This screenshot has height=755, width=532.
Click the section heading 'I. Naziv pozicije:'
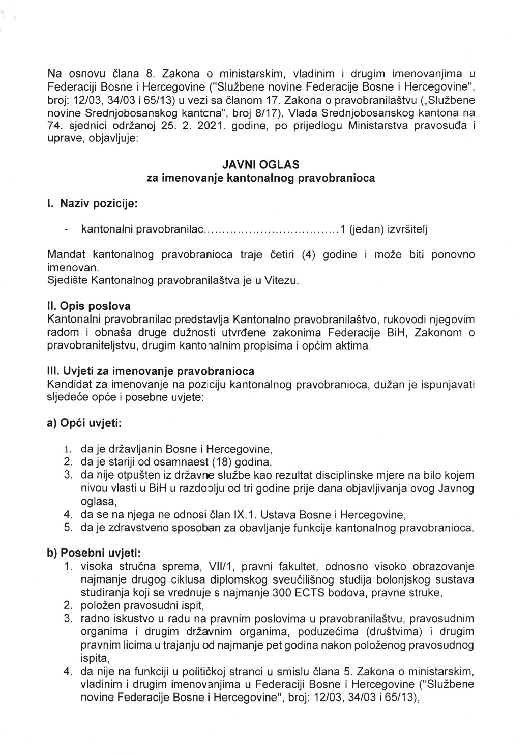(x=92, y=205)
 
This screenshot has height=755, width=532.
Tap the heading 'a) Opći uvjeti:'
(x=84, y=423)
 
